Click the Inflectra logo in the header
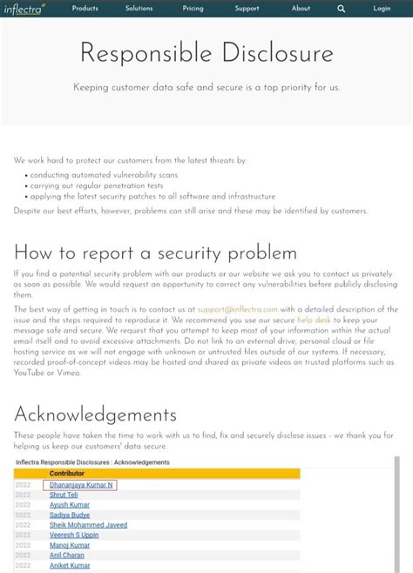coord(24,9)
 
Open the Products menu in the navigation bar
coord(85,9)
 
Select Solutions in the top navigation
coord(139,9)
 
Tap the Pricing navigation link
coord(193,9)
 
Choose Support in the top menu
coord(247,9)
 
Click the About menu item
coord(301,9)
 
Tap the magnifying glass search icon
coord(342,9)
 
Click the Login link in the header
coord(382,9)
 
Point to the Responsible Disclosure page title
coord(206,53)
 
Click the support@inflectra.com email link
coord(237,309)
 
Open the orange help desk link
coord(314,320)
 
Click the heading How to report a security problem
coord(155,253)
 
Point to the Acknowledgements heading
coord(95,414)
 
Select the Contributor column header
coord(67,473)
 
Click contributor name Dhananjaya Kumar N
coord(81,484)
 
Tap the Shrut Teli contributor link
coord(64,495)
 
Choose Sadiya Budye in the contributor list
coord(70,515)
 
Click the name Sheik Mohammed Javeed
coord(88,525)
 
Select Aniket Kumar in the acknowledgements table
coord(70,565)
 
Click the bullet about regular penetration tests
coord(97,185)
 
